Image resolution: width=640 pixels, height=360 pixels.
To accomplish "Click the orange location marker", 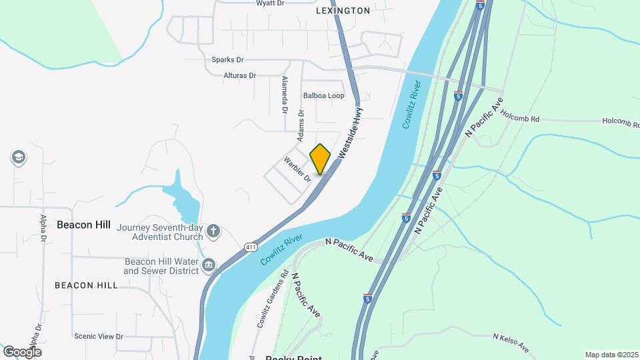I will (321, 159).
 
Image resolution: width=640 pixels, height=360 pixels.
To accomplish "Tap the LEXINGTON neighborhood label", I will (343, 11).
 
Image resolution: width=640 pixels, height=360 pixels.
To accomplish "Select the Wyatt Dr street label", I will (271, 3).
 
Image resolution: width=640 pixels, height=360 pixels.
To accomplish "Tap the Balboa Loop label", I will (323, 96).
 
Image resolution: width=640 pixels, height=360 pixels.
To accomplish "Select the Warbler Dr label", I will (297, 169).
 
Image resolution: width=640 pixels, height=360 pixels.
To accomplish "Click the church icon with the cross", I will (213, 231).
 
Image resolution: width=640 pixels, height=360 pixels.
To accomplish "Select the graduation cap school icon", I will (19, 157).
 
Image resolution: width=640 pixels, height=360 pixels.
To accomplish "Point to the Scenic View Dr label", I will (99, 337).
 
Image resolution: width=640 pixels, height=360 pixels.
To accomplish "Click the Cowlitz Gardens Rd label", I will (271, 299).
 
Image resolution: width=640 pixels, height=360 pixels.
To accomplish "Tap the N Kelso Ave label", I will (511, 343).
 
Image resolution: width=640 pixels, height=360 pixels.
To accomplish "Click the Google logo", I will (22, 351).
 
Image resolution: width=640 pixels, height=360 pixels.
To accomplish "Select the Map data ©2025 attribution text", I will (610, 355).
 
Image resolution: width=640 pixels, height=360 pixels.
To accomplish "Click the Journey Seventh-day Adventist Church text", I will (159, 232).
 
